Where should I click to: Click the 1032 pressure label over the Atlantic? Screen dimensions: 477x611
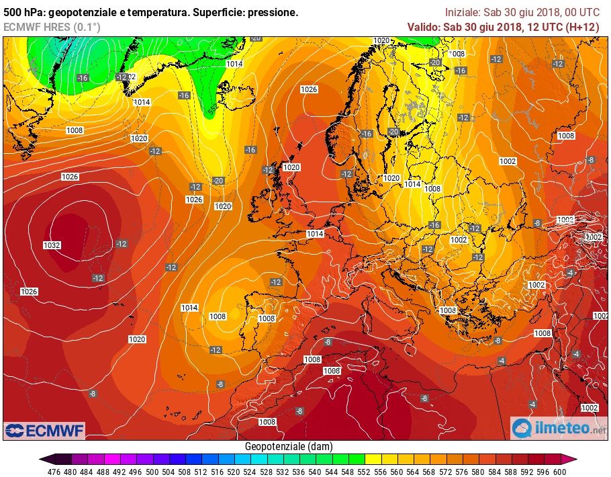[x=52, y=245]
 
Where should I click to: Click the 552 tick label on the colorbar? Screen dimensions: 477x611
[x=365, y=471]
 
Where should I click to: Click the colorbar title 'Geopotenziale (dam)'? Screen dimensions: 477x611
[x=288, y=446]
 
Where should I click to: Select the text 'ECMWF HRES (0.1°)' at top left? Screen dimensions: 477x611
[x=52, y=27]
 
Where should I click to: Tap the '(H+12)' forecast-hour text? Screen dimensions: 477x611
[x=583, y=27]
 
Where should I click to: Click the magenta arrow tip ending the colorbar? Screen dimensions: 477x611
[x=573, y=460]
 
